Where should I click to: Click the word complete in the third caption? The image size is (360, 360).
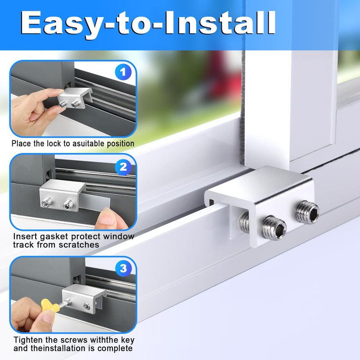[x=115, y=348]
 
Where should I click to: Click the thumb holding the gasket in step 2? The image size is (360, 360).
[x=108, y=220]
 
